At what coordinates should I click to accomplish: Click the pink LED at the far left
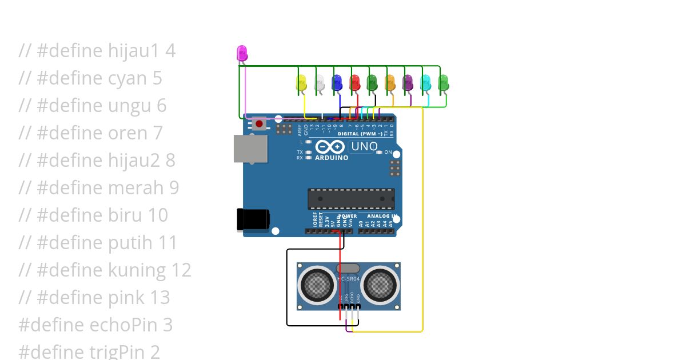click(x=242, y=54)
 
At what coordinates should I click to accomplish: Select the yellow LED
click(x=302, y=83)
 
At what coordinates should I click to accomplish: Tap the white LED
click(x=320, y=83)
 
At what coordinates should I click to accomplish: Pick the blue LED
click(x=337, y=83)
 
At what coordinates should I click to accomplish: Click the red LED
click(x=355, y=83)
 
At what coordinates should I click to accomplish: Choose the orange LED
click(x=390, y=83)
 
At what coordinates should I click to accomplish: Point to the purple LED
click(x=408, y=83)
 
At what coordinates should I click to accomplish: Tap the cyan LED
click(x=426, y=83)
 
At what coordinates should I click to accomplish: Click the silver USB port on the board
click(x=250, y=149)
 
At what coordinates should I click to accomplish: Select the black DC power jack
click(x=252, y=219)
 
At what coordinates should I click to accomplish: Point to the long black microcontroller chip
click(x=351, y=198)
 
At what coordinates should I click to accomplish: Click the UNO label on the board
click(x=364, y=146)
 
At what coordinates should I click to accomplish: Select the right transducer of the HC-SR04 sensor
click(x=380, y=283)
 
